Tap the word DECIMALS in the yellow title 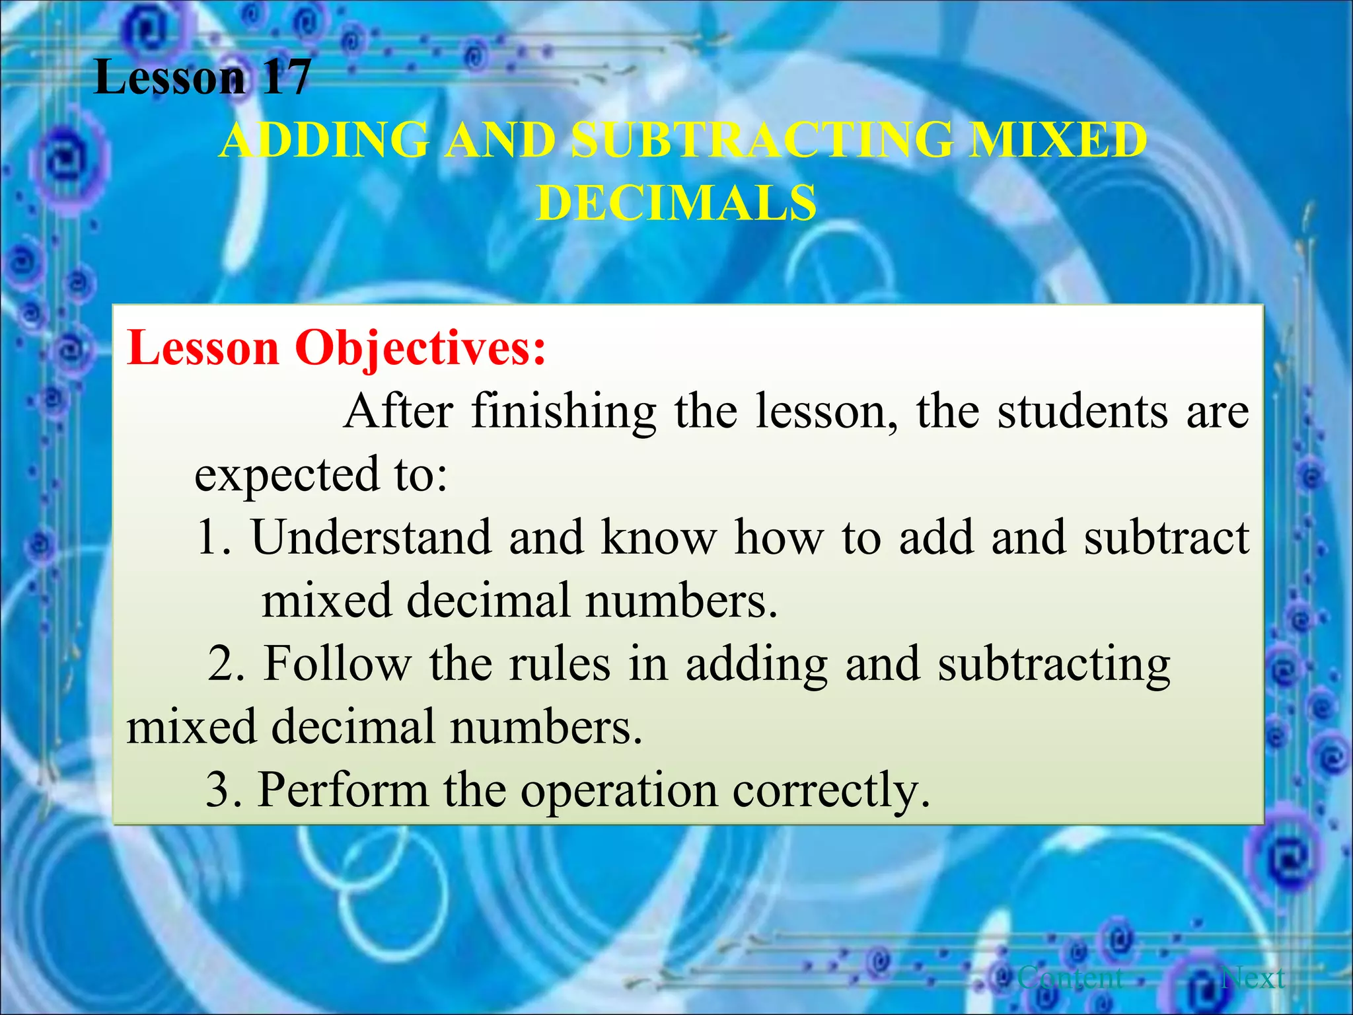pyautogui.click(x=676, y=202)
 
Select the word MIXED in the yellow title pyautogui.click(x=1057, y=140)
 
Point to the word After pyautogui.click(x=398, y=411)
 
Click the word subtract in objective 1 pyautogui.click(x=1167, y=537)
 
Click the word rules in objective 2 pyautogui.click(x=560, y=663)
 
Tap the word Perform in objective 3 pyautogui.click(x=343, y=790)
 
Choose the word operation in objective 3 pyautogui.click(x=619, y=790)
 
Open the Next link pyautogui.click(x=1253, y=977)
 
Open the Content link pyautogui.click(x=1070, y=977)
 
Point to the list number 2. pyautogui.click(x=225, y=663)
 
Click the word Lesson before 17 pyautogui.click(x=169, y=77)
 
